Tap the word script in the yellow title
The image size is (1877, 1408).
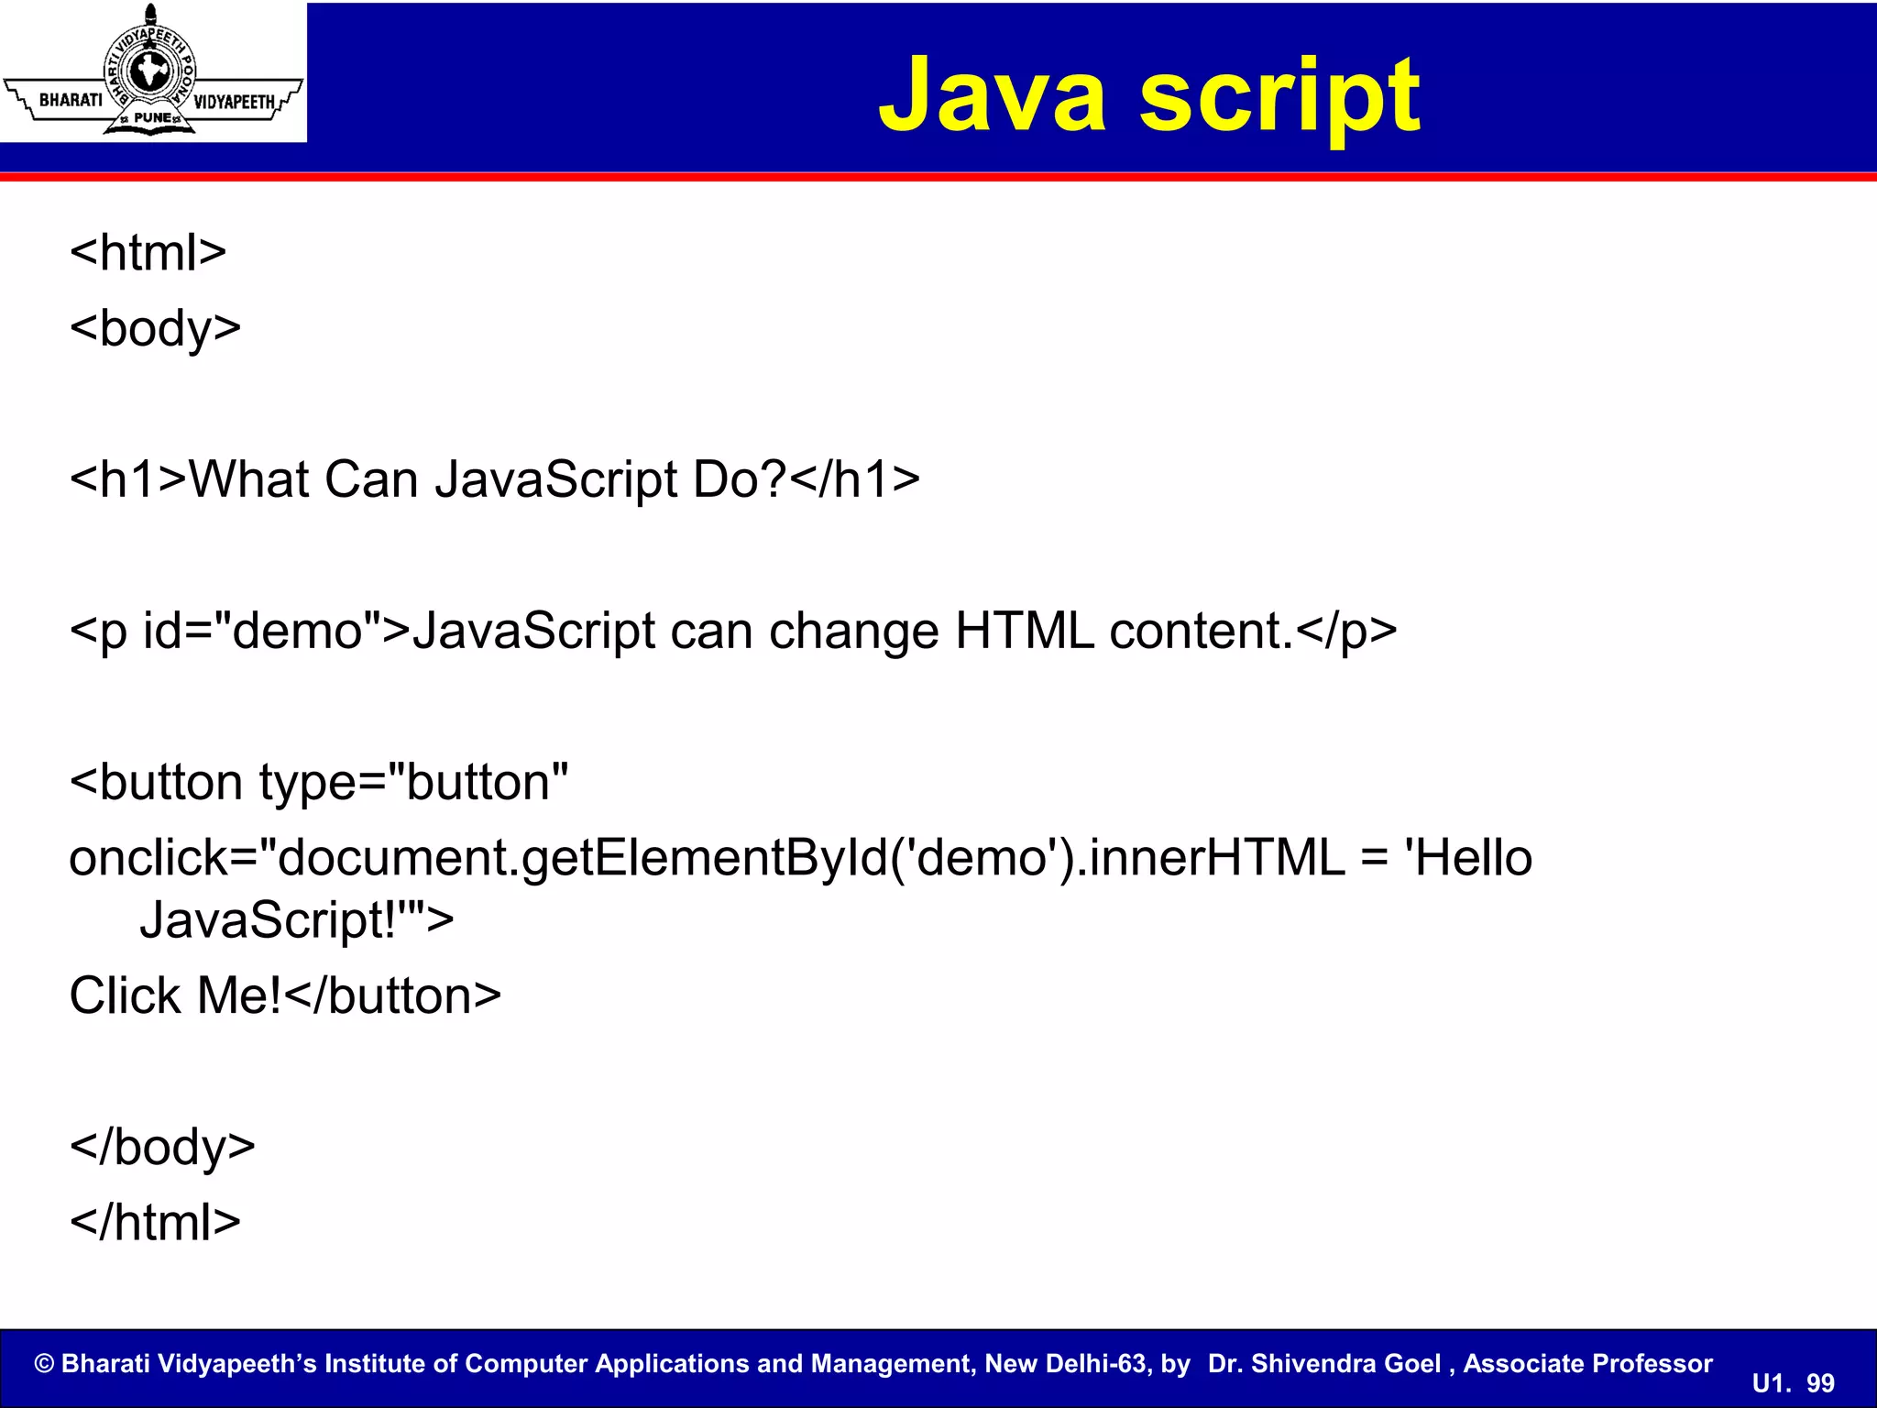click(x=1279, y=97)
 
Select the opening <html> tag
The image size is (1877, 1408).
click(x=148, y=252)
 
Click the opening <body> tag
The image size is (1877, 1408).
click(x=155, y=328)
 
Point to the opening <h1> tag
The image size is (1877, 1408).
click(x=128, y=479)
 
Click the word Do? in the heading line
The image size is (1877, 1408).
click(x=739, y=479)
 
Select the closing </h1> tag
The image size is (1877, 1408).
click(x=854, y=479)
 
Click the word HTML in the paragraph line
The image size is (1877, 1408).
click(x=1024, y=632)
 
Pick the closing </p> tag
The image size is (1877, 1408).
click(x=1346, y=632)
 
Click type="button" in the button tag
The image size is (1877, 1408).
click(x=413, y=783)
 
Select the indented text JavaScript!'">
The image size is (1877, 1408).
click(x=296, y=920)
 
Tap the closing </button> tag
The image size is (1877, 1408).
click(x=393, y=996)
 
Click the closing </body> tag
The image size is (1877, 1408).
click(x=162, y=1148)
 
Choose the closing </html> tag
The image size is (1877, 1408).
click(x=155, y=1223)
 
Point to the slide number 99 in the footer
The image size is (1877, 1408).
click(x=1820, y=1383)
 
